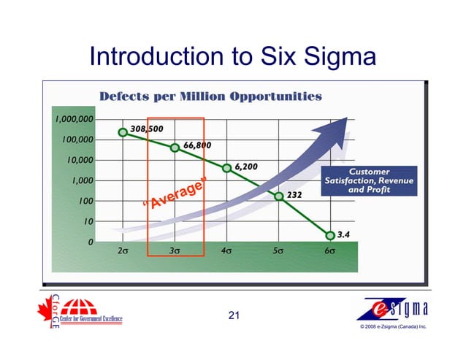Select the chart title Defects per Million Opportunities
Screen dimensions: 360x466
coord(210,96)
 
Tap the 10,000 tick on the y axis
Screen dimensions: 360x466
coord(77,160)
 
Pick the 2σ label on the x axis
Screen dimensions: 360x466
coord(123,251)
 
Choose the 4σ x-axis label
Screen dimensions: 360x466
coord(226,251)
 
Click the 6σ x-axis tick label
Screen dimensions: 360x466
coord(330,251)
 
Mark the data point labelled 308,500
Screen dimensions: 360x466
coord(123,132)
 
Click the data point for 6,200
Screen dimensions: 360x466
coord(226,168)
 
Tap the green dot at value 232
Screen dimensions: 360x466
coord(279,196)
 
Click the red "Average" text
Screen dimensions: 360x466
coord(175,193)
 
